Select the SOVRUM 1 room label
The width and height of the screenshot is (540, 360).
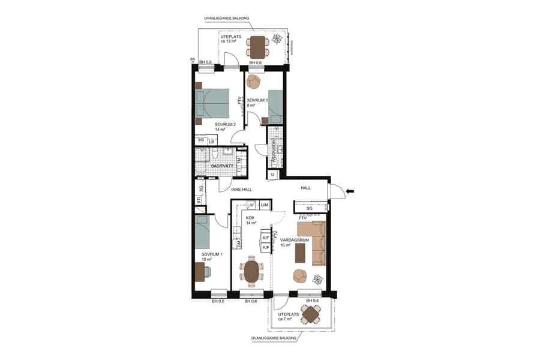(x=211, y=254)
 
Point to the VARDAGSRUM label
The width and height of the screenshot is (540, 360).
(x=294, y=239)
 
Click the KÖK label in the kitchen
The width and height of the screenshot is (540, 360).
(x=250, y=217)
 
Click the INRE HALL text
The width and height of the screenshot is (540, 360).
(x=242, y=190)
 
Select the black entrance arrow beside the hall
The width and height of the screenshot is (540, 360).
(x=351, y=191)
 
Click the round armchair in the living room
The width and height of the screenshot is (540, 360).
(x=299, y=277)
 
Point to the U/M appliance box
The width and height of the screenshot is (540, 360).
(x=264, y=205)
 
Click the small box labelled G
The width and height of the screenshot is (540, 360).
(x=272, y=175)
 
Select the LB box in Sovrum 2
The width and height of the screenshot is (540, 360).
(x=212, y=142)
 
